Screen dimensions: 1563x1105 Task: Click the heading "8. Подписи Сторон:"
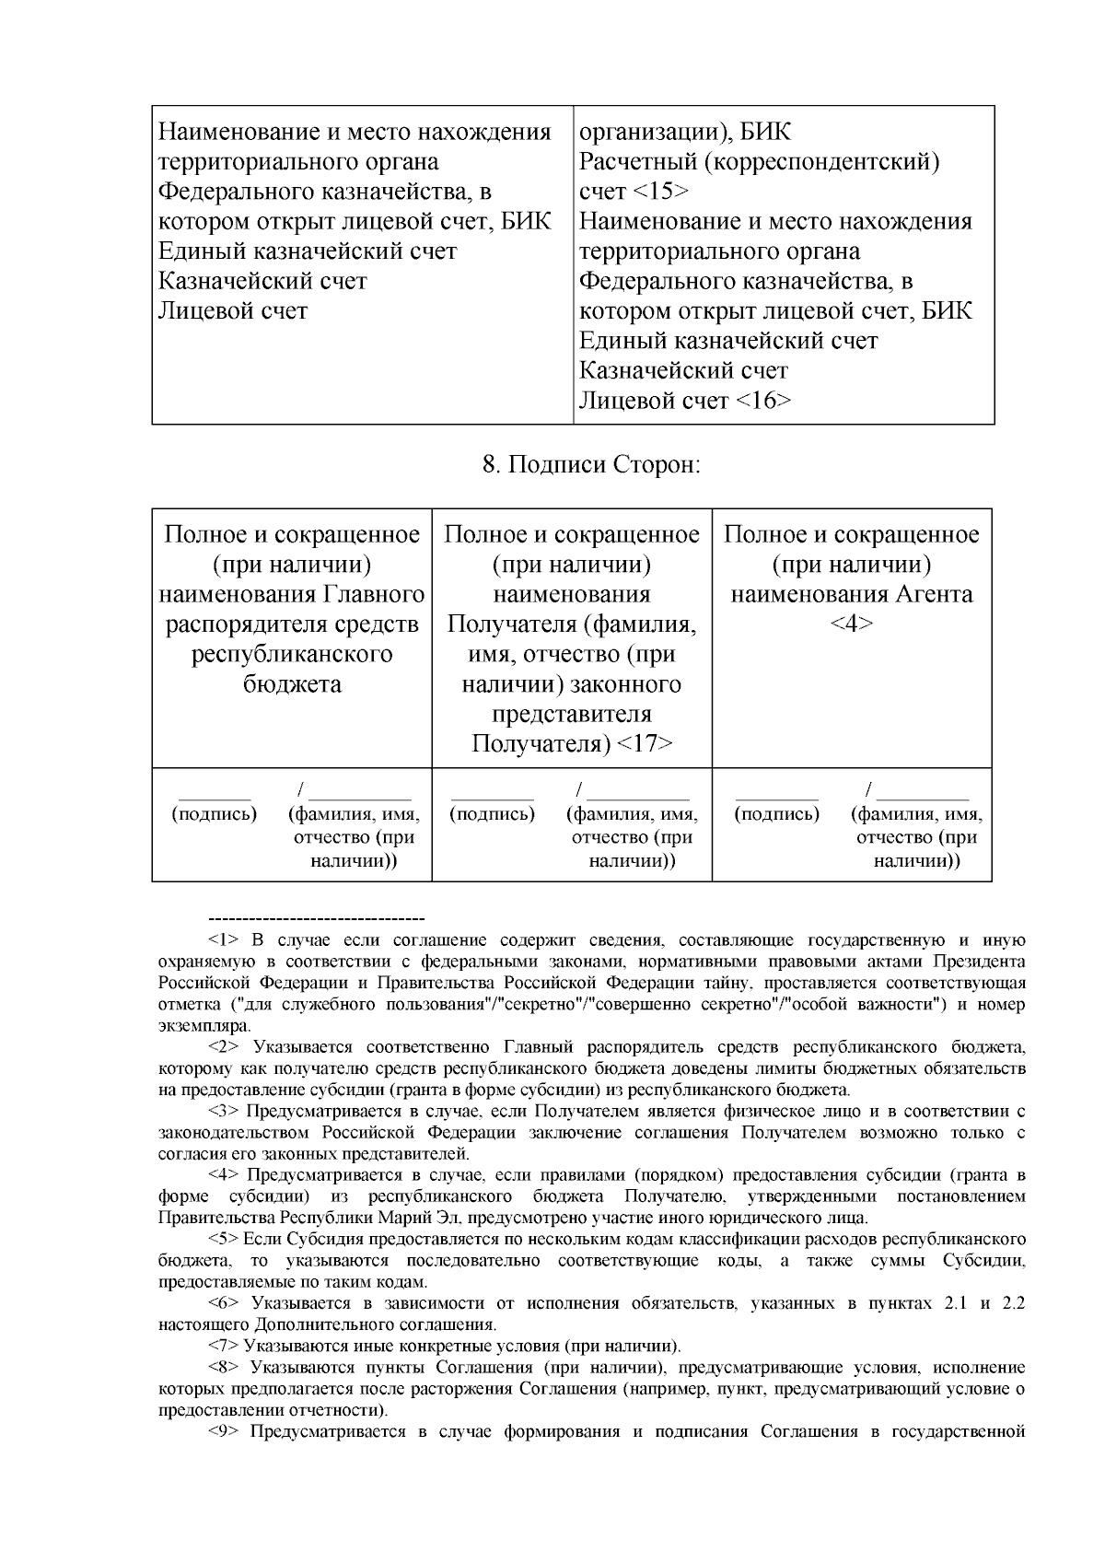[591, 465]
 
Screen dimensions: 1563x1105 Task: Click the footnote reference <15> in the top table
[660, 192]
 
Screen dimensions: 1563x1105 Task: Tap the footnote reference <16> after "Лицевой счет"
[762, 401]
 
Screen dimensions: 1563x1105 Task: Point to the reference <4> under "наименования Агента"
[851, 624]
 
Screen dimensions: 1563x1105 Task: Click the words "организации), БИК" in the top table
[684, 132]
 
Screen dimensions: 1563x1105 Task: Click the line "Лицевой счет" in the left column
[232, 310]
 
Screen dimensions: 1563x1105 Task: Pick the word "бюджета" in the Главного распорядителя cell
[292, 684]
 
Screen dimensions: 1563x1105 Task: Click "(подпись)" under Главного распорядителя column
[215, 814]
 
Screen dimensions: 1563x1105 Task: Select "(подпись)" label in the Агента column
[776, 814]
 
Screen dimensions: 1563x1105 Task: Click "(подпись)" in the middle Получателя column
[492, 814]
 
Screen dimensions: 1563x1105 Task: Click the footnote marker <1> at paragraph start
[224, 940]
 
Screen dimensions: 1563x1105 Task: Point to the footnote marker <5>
[224, 1240]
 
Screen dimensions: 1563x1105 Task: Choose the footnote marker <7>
[224, 1346]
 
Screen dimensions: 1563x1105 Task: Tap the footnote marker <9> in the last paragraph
[224, 1431]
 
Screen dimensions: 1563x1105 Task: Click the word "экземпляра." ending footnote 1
[204, 1026]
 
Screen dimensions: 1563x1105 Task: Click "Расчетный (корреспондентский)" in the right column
[759, 162]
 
